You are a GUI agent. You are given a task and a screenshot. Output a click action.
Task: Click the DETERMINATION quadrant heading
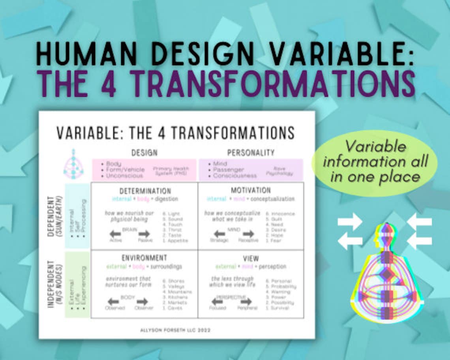click(x=145, y=191)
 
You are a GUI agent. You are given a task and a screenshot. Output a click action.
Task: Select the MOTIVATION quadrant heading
click(x=251, y=191)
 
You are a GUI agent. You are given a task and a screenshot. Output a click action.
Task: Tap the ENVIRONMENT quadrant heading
click(x=144, y=258)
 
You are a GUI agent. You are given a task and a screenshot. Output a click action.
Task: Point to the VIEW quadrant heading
click(x=251, y=259)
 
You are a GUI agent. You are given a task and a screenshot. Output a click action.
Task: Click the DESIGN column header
click(x=144, y=153)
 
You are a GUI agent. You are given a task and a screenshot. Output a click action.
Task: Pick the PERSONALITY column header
click(x=251, y=153)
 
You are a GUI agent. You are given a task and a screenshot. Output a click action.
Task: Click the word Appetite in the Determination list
click(x=174, y=240)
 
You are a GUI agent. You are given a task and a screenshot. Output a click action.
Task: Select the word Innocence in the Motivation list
click(x=283, y=214)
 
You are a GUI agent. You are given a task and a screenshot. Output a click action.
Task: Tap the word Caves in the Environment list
click(x=174, y=308)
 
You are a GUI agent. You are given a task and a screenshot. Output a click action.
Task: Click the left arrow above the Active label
click(x=116, y=233)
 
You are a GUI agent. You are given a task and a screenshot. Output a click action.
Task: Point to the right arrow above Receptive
click(x=247, y=234)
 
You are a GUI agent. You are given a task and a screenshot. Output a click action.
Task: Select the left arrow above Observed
click(x=114, y=301)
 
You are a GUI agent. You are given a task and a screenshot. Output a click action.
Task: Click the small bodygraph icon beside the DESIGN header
click(x=73, y=164)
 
